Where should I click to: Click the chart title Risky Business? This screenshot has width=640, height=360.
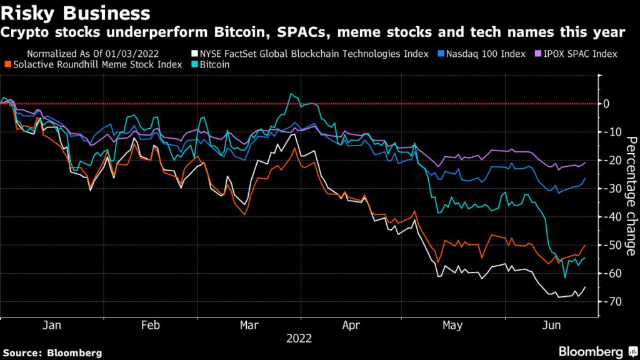[76, 12]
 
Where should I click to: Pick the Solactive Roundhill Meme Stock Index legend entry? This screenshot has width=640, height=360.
[92, 64]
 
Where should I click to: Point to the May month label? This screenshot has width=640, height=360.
[452, 326]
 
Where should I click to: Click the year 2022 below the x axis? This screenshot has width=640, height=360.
[299, 338]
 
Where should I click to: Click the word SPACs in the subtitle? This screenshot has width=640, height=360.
[289, 31]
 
